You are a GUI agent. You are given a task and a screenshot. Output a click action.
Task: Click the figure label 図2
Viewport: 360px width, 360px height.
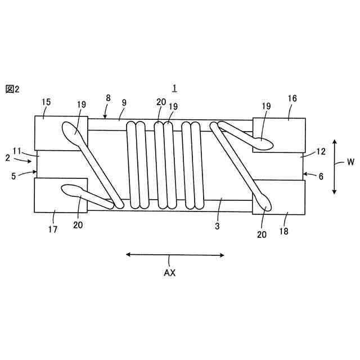[x=12, y=89]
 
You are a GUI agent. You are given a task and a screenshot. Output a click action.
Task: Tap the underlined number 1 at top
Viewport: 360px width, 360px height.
[x=175, y=88]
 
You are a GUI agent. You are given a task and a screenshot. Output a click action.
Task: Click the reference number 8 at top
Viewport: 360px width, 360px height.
[x=108, y=98]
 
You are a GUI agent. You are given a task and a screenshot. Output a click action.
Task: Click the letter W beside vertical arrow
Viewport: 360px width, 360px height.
[x=350, y=162]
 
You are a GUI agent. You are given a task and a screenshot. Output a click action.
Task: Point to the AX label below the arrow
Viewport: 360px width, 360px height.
[x=170, y=273]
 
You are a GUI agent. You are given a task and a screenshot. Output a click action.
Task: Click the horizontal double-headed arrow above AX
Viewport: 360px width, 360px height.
[x=175, y=255]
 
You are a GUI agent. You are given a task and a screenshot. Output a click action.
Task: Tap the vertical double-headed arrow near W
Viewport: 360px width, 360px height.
[x=334, y=166]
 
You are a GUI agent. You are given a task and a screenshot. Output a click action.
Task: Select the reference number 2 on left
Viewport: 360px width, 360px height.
[x=7, y=159]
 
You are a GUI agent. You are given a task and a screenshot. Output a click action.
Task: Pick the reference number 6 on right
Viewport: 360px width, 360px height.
[x=321, y=176]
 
